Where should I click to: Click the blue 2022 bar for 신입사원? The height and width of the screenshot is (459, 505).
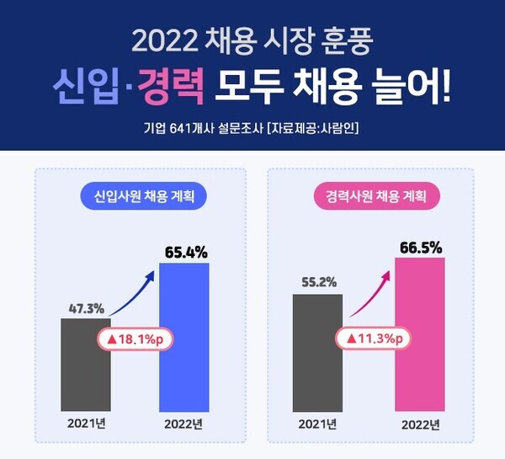tap(184, 337)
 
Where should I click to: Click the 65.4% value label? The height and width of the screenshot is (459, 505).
tap(184, 251)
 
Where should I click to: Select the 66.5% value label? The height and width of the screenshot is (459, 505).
tap(419, 246)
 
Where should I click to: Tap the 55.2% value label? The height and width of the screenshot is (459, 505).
tap(317, 281)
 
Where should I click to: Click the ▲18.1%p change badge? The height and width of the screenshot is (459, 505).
tap(134, 339)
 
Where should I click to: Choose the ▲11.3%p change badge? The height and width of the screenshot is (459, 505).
tap(370, 339)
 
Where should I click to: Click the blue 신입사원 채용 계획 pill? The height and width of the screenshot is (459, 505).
tap(143, 197)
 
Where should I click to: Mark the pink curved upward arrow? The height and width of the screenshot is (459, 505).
tap(370, 291)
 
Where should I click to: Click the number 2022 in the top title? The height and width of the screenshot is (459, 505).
tap(163, 39)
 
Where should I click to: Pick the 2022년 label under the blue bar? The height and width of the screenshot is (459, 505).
tap(184, 424)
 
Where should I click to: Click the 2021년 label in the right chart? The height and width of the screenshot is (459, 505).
tap(317, 424)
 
